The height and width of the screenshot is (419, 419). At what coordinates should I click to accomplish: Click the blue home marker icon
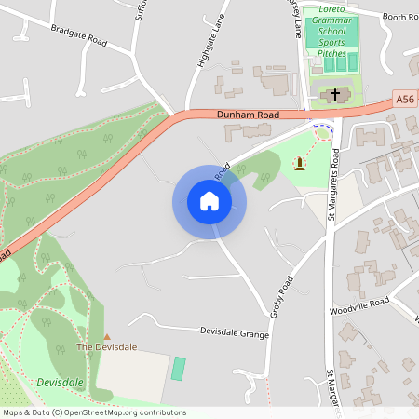pos(209,201)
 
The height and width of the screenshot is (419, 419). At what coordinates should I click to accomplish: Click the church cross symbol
pos(336,95)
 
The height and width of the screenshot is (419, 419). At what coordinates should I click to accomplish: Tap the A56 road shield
pos(403,98)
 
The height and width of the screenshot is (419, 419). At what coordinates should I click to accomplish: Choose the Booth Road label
pos(399,16)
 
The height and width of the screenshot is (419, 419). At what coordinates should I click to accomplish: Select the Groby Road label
pos(282,296)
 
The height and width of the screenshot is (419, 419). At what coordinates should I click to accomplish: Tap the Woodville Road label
pos(358,304)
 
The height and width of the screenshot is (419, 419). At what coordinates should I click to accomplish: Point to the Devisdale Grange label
pos(234,331)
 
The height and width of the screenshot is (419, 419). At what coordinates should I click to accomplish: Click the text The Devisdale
pos(106,347)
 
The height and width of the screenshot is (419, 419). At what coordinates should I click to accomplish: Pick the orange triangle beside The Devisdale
pos(106,336)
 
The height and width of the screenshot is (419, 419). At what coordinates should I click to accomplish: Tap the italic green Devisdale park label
pos(61,383)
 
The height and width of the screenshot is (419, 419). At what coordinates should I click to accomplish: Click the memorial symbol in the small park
pos(299,164)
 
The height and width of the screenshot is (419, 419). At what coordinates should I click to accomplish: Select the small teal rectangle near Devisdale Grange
pos(178,368)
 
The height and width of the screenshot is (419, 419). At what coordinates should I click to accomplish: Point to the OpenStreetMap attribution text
pos(94,412)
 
